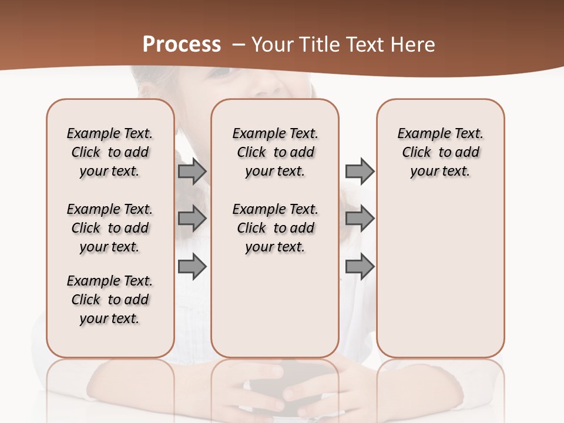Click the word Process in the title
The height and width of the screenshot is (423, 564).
coord(182,45)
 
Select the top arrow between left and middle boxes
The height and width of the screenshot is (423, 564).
coord(192,172)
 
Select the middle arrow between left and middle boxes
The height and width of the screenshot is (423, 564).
coord(192,219)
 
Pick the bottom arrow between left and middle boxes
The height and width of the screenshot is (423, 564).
coord(192,267)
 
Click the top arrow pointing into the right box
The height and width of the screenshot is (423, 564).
coord(360,172)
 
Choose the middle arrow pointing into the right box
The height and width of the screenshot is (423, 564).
coord(360,219)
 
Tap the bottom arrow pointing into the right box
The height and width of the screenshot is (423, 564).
coord(360,267)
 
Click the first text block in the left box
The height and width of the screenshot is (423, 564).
coord(110,152)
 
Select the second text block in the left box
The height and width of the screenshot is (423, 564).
coord(110,228)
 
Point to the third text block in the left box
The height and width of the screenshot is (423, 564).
coord(110,300)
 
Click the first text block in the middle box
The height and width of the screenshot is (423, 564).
coord(275,152)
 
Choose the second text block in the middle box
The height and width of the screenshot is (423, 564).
coord(275,228)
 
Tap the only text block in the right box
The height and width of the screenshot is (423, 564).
coord(440,152)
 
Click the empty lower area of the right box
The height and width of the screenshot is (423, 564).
coord(440,276)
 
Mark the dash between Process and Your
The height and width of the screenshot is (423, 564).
coord(239,45)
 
